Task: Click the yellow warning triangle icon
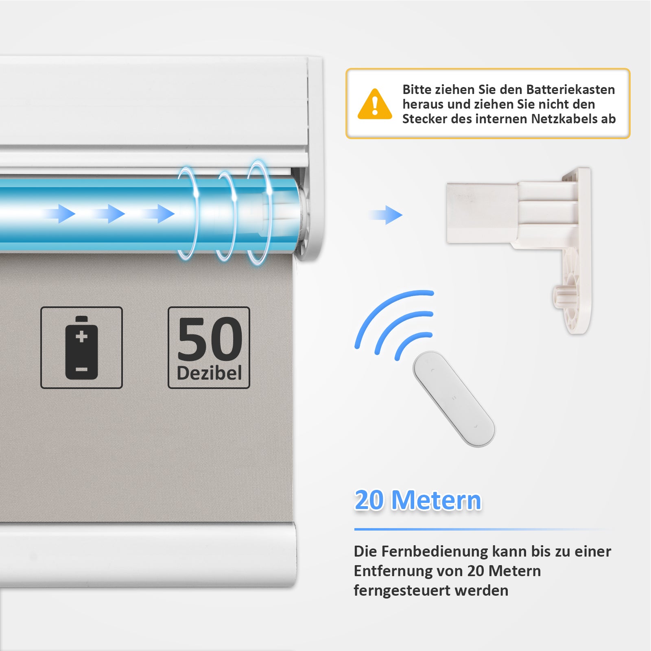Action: click(x=375, y=105)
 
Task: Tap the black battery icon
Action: click(x=81, y=347)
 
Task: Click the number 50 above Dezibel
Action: click(x=210, y=339)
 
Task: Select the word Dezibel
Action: click(x=209, y=373)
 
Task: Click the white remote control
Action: click(x=454, y=399)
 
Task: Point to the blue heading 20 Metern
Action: click(x=418, y=500)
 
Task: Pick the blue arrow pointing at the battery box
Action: click(x=385, y=215)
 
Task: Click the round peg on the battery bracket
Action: click(x=561, y=296)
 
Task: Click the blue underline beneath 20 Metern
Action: click(x=482, y=529)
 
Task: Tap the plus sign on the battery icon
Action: click(x=81, y=336)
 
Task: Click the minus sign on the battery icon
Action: click(x=81, y=369)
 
